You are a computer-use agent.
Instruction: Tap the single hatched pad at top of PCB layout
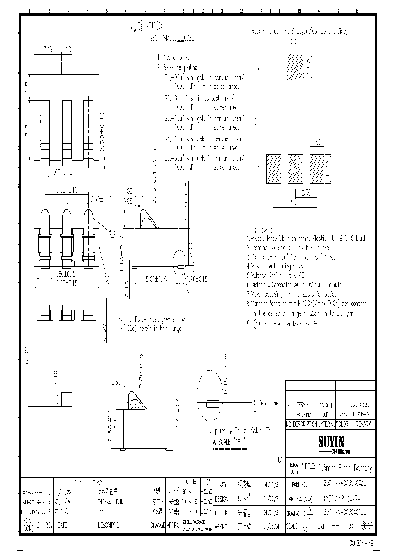(295, 66)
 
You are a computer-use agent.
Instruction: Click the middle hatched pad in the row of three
(295, 168)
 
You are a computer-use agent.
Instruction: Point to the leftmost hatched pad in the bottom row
(274, 168)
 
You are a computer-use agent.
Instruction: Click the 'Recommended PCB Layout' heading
(299, 33)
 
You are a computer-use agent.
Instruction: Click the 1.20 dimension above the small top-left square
(67, 51)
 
